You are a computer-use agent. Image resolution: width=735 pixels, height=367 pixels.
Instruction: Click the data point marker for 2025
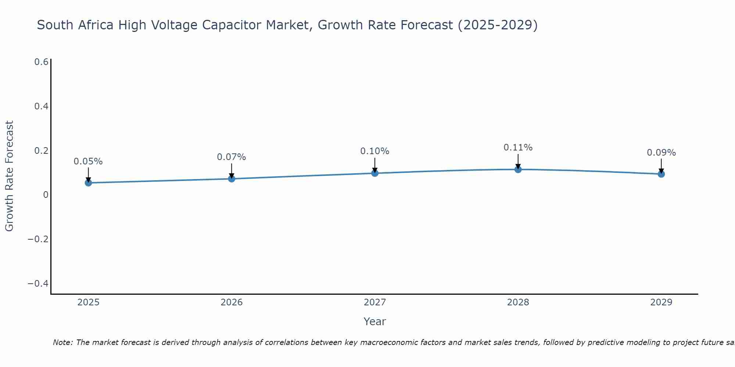coord(88,183)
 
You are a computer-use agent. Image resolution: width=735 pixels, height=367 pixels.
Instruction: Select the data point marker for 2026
coord(232,179)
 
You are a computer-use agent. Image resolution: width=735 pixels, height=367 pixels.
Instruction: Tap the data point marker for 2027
coord(375,173)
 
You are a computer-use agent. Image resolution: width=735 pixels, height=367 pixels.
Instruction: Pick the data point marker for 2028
coord(518,169)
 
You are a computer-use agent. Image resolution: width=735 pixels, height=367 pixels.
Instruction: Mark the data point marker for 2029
coord(661,174)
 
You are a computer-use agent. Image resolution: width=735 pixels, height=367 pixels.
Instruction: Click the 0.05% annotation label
coord(88,161)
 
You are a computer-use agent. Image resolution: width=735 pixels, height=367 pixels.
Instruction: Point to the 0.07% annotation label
coord(232,157)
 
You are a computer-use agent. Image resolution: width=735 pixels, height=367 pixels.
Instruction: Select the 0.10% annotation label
coord(375,151)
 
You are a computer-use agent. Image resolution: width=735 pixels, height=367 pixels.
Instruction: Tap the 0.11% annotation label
coord(518,148)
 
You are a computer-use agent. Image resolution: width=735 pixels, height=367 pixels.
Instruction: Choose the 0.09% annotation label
coord(661,153)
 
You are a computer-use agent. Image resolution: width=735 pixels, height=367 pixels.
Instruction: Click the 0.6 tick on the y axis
coord(41,62)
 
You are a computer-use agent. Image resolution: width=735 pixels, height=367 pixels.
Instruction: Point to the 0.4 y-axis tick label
coord(41,106)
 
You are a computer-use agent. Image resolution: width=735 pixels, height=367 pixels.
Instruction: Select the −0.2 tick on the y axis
coord(38,239)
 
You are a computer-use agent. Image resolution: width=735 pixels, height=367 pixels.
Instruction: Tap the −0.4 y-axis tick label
coord(38,284)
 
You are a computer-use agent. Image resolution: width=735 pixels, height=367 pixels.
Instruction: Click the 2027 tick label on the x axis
coord(375,302)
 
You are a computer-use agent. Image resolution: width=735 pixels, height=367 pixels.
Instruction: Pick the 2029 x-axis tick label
coord(661,302)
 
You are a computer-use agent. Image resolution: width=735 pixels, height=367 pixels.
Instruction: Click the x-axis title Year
coord(375,321)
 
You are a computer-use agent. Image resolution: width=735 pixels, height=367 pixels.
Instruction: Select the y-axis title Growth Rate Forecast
coord(9,176)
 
